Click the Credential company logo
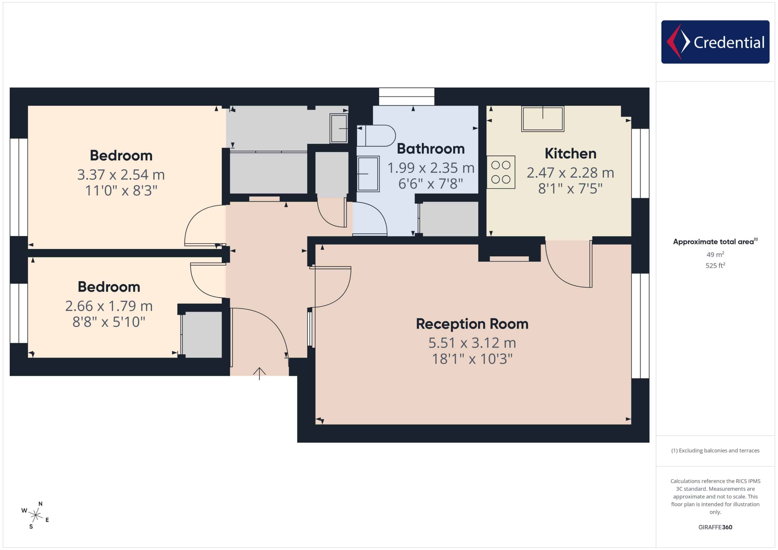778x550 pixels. click(x=715, y=42)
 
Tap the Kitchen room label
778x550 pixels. click(x=570, y=154)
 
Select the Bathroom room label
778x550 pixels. click(x=431, y=149)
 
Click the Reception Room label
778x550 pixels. click(x=472, y=324)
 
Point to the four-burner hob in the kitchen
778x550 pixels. click(x=501, y=172)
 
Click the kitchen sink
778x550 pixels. click(x=542, y=119)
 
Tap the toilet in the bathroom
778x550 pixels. click(x=376, y=135)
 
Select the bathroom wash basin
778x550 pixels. click(x=368, y=174)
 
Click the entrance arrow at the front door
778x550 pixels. click(x=259, y=374)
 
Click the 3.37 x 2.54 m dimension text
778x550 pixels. click(x=121, y=175)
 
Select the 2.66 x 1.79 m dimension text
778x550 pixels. click(x=109, y=306)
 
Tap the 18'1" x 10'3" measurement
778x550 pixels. click(x=472, y=359)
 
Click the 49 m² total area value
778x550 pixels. click(x=715, y=254)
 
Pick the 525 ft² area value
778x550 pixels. click(x=715, y=265)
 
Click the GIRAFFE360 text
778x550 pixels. click(x=715, y=527)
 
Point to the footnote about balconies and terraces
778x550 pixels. click(x=715, y=450)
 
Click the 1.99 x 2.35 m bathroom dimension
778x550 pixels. click(x=431, y=168)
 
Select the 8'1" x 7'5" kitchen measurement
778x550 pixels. click(x=570, y=189)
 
